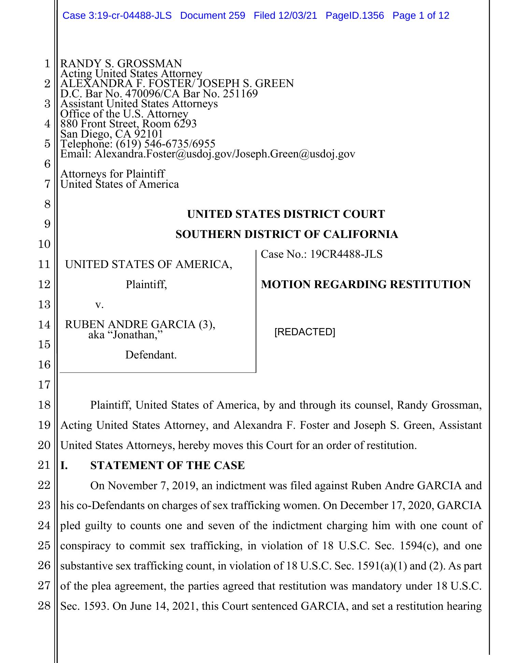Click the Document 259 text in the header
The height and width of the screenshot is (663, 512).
pyautogui.click(x=212, y=15)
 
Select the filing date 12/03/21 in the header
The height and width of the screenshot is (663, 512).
pyautogui.click(x=298, y=15)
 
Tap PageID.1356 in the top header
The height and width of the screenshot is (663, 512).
pyautogui.click(x=355, y=15)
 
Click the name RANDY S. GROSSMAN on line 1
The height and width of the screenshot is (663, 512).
pyautogui.click(x=121, y=64)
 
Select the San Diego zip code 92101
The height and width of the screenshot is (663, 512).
pyautogui.click(x=148, y=134)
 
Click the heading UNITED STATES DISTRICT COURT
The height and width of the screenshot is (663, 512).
pyautogui.click(x=286, y=214)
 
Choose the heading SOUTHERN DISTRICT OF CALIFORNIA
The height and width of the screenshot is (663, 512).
pyautogui.click(x=286, y=234)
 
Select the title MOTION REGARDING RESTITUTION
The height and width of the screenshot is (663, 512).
pyautogui.click(x=366, y=284)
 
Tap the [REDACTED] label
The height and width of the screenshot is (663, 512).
pyautogui.click(x=305, y=332)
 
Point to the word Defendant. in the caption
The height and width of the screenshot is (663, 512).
pyautogui.click(x=151, y=355)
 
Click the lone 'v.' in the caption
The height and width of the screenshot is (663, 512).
pyautogui.click(x=99, y=304)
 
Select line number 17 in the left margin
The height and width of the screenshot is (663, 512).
pyautogui.click(x=44, y=385)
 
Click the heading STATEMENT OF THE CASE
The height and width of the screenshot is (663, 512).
pyautogui.click(x=167, y=465)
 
